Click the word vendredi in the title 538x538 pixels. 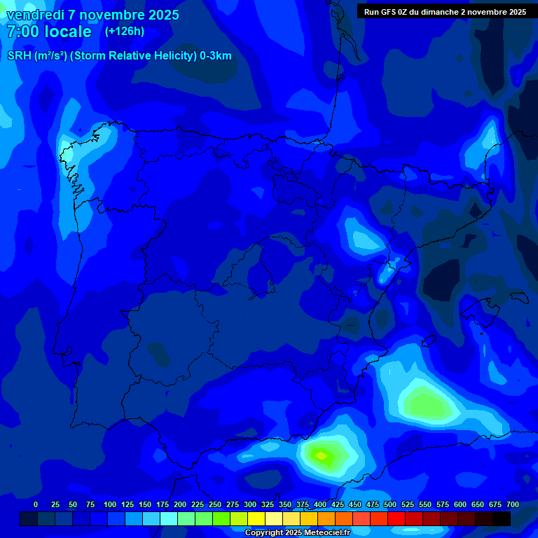[x=34, y=15]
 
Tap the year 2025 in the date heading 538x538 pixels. [x=160, y=15]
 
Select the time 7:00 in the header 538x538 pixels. [x=22, y=32]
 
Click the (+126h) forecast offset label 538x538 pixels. [x=125, y=31]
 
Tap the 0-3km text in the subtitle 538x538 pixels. [x=215, y=56]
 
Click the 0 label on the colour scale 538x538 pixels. [x=36, y=504]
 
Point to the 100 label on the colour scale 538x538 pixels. [x=110, y=504]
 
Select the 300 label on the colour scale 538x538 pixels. [x=250, y=504]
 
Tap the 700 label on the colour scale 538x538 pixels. [x=513, y=504]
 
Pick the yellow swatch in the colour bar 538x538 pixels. [x=256, y=518]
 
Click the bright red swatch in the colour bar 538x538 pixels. [x=396, y=518]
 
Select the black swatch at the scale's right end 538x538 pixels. [x=502, y=518]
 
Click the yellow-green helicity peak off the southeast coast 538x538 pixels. [x=322, y=456]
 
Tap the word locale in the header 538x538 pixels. [x=68, y=32]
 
